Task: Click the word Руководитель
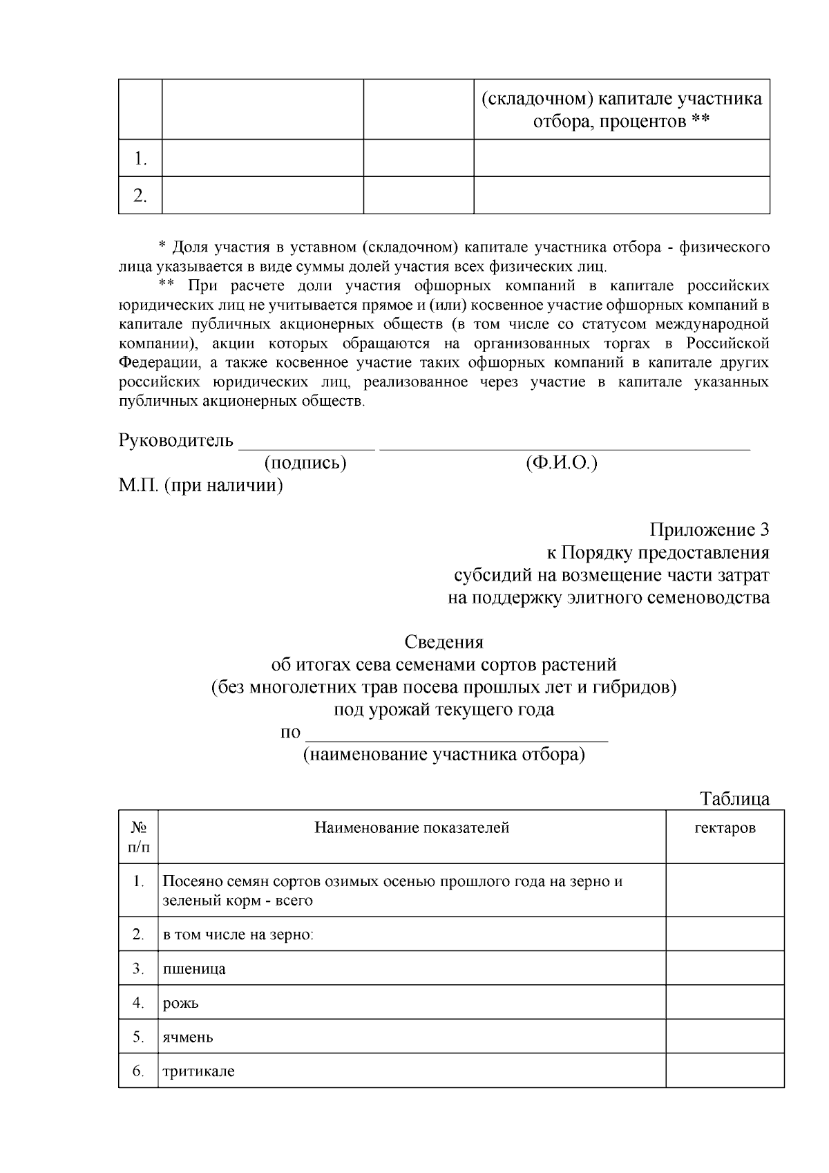point(176,440)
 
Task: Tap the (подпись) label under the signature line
point(305,462)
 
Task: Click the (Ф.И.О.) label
point(561,462)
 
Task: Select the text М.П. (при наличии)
point(200,485)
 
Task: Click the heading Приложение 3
point(709,530)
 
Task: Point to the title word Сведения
point(444,641)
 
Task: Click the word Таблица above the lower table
point(734,799)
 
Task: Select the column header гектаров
point(724,828)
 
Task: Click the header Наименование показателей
point(412,828)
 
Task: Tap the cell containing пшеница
point(194,968)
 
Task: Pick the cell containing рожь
point(181,1003)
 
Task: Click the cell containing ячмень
point(188,1037)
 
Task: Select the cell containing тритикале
point(198,1071)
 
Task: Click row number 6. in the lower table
point(138,1071)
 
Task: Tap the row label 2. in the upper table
point(140,196)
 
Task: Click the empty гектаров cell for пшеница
point(724,968)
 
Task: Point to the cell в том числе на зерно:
point(238,935)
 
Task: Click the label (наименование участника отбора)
point(444,754)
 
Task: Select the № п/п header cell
point(138,837)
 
